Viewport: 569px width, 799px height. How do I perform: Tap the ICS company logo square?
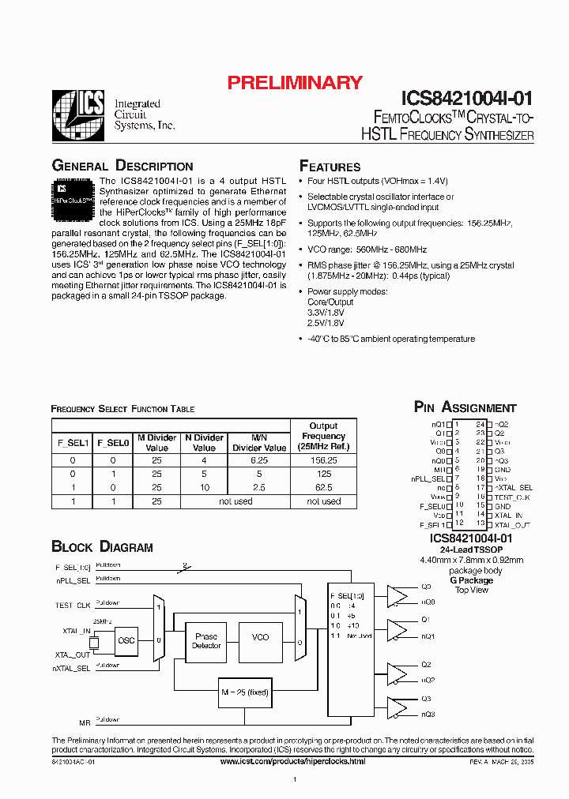pyautogui.click(x=78, y=116)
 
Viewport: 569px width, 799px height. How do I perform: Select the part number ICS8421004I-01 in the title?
pyautogui.click(x=467, y=99)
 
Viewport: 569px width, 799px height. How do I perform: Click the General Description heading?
pyautogui.click(x=122, y=166)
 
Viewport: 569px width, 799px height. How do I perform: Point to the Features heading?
pyautogui.click(x=330, y=167)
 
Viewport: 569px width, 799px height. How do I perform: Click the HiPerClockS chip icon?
pyautogui.click(x=73, y=198)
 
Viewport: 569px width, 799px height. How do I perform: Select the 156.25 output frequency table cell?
pyautogui.click(x=322, y=459)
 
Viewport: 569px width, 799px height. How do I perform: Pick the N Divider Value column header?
pyautogui.click(x=204, y=442)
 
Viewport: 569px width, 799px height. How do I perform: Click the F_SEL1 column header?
pyautogui.click(x=73, y=443)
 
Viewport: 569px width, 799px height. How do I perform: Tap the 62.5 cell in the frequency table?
pyautogui.click(x=322, y=487)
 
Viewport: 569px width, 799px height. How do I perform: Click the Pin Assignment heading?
pyautogui.click(x=465, y=407)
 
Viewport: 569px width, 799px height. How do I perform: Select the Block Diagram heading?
pyautogui.click(x=102, y=546)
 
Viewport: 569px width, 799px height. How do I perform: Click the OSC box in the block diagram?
pyautogui.click(x=126, y=640)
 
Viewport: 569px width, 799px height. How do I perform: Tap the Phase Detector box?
pyautogui.click(x=206, y=640)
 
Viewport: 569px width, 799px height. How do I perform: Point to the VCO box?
pyautogui.click(x=260, y=637)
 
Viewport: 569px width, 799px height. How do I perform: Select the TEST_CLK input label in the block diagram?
pyautogui.click(x=73, y=605)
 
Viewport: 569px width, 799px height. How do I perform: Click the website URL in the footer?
pyautogui.click(x=292, y=761)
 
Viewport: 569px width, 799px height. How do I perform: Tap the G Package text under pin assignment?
pyautogui.click(x=471, y=580)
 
